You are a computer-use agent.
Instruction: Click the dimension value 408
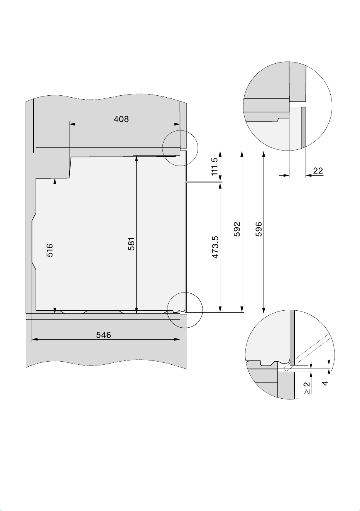121,119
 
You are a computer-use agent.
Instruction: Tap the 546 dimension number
103,335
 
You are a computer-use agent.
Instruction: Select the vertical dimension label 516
50,250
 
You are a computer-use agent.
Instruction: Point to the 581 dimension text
132,244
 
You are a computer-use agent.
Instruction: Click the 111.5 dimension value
215,166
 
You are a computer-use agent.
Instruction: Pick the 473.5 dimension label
215,247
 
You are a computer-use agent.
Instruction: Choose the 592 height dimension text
237,229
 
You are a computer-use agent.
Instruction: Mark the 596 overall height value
259,229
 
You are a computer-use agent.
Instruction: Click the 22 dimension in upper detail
318,171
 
